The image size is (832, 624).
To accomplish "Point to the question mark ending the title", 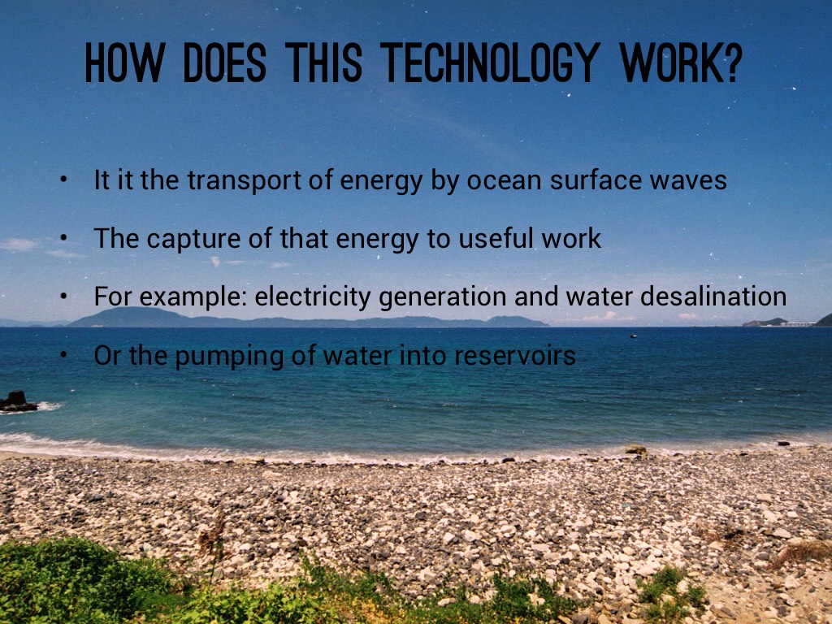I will [730, 63].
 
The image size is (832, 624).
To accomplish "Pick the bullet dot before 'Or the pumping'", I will [63, 356].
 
